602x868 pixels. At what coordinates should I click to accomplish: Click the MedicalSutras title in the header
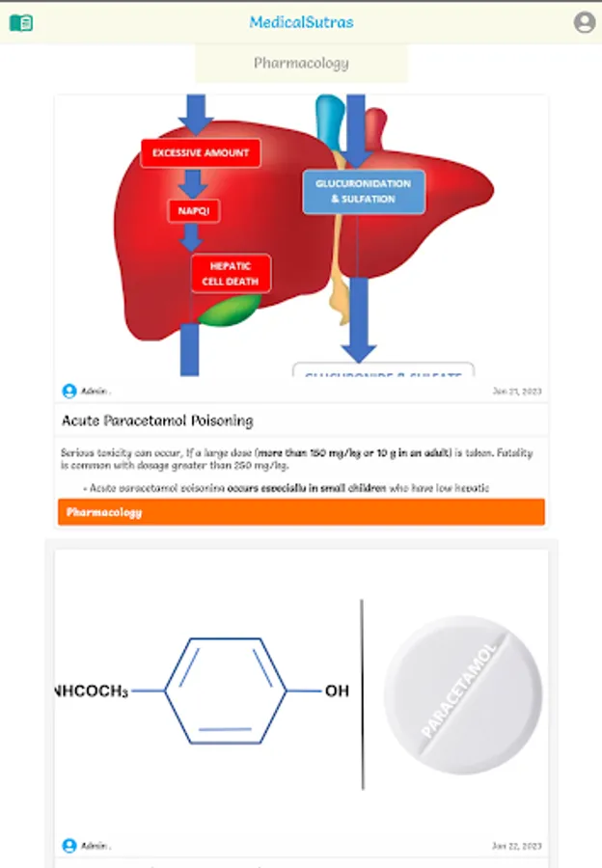(301, 22)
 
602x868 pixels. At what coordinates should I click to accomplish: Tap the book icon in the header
(20, 22)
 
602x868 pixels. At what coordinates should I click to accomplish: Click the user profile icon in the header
(584, 22)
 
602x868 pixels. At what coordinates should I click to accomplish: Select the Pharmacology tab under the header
(301, 64)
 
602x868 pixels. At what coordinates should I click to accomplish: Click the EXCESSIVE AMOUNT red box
(201, 152)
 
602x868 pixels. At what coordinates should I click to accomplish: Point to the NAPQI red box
(193, 210)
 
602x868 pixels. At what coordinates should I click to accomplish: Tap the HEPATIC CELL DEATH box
(231, 274)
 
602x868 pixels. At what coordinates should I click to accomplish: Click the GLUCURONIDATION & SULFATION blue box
(363, 191)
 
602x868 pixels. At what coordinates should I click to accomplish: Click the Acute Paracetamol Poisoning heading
(157, 420)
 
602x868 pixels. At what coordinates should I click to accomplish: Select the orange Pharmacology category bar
(301, 512)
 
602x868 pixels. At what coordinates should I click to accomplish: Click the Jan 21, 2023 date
(517, 392)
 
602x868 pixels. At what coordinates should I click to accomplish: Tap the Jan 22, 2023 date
(517, 846)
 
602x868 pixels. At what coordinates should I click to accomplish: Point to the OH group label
(337, 692)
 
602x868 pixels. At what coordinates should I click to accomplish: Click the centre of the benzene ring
(226, 692)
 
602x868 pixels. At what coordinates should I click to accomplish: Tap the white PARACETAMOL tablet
(463, 694)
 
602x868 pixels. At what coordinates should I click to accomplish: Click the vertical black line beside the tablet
(363, 694)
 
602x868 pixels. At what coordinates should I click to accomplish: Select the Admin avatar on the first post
(69, 392)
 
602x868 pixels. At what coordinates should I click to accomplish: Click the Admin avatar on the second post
(69, 846)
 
